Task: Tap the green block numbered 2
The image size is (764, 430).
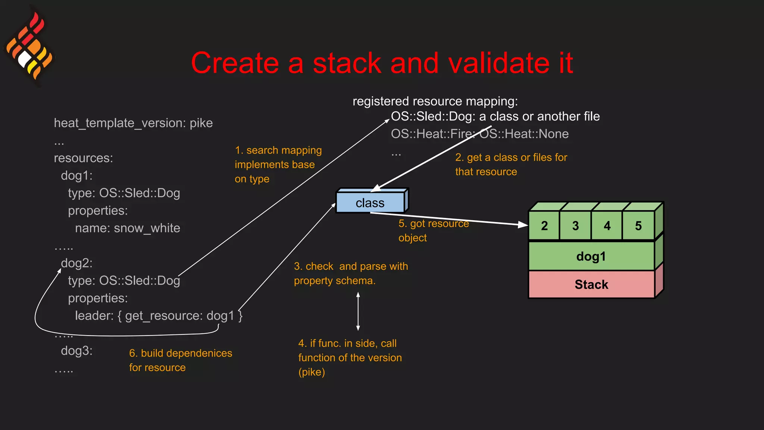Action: [544, 226]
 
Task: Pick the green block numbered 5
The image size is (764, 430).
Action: [638, 226]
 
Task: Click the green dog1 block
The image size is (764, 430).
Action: [591, 256]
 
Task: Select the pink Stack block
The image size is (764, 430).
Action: [591, 284]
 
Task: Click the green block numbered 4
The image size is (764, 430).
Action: [607, 226]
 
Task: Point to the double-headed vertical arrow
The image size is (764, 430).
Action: [358, 311]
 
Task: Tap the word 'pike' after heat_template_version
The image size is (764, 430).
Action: [201, 123]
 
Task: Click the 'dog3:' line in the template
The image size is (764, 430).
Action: [76, 351]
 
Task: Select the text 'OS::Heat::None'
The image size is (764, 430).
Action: [524, 134]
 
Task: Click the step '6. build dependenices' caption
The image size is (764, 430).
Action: [181, 353]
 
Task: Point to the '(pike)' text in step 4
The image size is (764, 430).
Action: [311, 372]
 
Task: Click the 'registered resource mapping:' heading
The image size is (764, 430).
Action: [435, 101]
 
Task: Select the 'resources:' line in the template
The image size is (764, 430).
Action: [83, 158]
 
